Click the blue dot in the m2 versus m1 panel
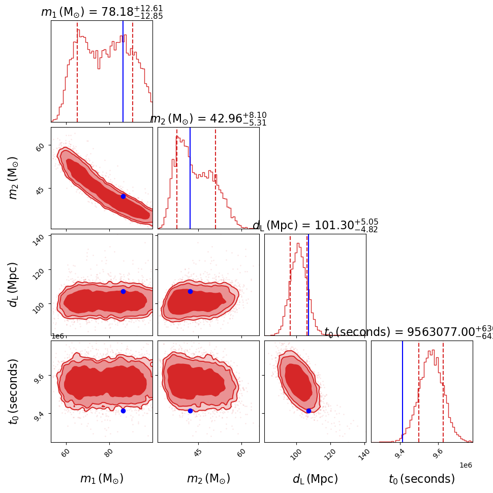click(123, 196)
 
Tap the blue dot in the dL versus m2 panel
click(190, 291)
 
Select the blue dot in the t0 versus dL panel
click(309, 411)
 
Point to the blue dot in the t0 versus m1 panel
click(123, 411)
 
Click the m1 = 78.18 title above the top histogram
click(102, 12)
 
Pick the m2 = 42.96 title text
click(208, 119)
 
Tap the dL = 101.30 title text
click(315, 226)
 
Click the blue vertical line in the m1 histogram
click(123, 71)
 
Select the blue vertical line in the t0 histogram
click(403, 391)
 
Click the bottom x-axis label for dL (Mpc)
click(315, 479)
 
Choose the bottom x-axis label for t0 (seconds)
click(422, 479)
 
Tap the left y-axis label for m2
click(14, 178)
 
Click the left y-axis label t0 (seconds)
click(14, 391)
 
